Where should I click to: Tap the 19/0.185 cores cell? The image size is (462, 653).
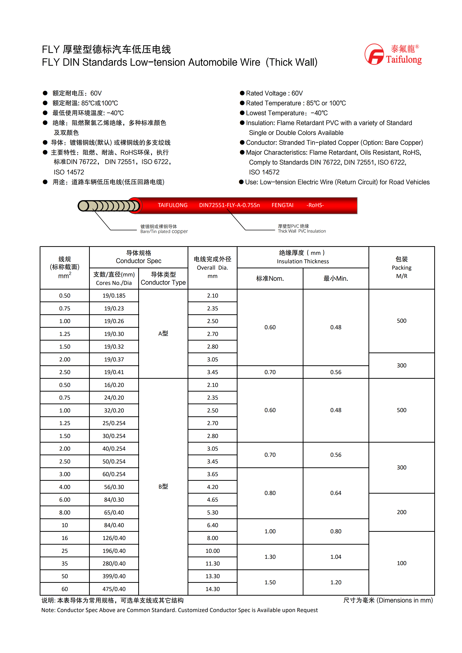pos(114,295)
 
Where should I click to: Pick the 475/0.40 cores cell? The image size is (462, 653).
pos(114,589)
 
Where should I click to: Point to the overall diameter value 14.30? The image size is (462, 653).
pos(213,589)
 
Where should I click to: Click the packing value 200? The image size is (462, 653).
pos(401,512)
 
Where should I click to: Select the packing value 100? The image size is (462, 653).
pos(401,563)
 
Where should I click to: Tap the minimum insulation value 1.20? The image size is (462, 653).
pos(336,582)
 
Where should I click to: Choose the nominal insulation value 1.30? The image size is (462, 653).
pos(270,557)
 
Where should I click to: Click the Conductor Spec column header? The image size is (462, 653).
pos(139,257)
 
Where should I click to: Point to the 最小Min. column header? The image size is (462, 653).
pos(336,278)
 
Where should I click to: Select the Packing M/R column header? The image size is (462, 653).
pos(401,267)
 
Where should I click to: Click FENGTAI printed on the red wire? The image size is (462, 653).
pos(282,205)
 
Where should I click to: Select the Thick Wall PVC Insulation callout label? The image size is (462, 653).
pos(302,229)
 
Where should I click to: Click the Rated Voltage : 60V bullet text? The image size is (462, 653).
pos(274,93)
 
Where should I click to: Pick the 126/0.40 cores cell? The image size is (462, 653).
pos(114,538)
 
